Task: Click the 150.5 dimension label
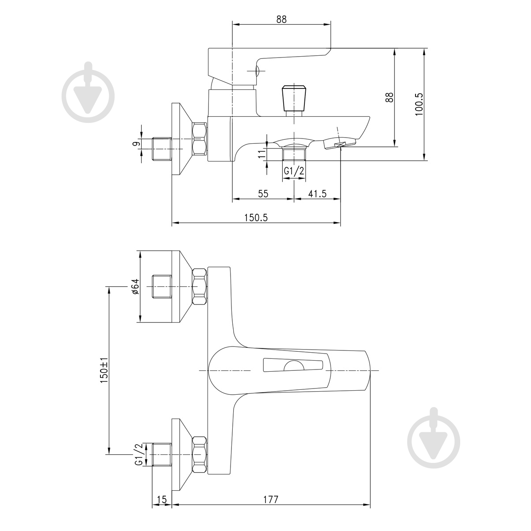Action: (256, 218)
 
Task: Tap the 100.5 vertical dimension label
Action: (419, 104)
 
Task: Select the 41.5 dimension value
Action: (317, 194)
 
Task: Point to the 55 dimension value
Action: (263, 194)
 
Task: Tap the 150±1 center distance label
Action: (104, 370)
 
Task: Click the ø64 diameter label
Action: (135, 287)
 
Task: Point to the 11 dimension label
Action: (262, 153)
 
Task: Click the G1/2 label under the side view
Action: (294, 171)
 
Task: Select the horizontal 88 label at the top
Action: (281, 19)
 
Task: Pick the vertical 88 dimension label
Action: (389, 97)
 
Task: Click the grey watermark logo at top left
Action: (88, 92)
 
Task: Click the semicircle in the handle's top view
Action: (294, 364)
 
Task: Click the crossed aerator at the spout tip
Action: (340, 144)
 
